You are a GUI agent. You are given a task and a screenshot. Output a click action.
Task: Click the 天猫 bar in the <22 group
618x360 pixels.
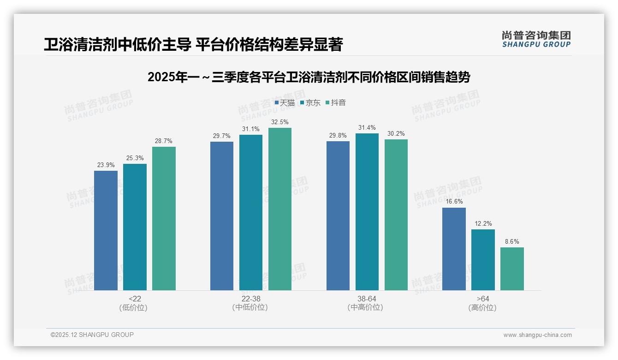[106, 230]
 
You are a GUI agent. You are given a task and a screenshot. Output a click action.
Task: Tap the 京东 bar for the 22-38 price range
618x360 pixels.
[250, 212]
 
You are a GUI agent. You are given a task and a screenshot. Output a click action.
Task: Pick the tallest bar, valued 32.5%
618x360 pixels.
[280, 209]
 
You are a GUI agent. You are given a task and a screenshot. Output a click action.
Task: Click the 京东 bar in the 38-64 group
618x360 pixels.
[367, 212]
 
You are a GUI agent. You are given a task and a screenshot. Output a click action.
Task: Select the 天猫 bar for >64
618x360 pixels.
[454, 249]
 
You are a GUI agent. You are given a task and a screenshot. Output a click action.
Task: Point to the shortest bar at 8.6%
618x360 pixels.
[512, 269]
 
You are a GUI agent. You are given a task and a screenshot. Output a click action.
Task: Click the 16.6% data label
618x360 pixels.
[454, 202]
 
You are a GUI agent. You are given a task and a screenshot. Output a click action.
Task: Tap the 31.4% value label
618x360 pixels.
[367, 127]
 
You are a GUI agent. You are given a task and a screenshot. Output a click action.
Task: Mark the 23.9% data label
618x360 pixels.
[106, 165]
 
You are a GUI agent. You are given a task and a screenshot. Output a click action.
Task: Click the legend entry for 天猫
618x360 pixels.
[285, 102]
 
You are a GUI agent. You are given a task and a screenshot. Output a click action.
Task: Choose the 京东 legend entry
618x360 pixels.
[310, 102]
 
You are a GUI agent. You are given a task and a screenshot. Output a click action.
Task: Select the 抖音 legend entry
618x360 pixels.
[336, 102]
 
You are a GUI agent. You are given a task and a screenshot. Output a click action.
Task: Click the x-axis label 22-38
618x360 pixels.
[250, 299]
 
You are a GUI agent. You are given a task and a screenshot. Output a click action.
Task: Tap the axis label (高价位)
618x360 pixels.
[482, 307]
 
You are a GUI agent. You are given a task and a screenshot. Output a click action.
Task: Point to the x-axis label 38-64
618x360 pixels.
[367, 299]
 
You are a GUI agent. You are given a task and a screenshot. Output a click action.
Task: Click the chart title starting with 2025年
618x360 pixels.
[309, 77]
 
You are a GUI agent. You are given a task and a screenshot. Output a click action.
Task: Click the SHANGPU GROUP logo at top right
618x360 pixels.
[536, 39]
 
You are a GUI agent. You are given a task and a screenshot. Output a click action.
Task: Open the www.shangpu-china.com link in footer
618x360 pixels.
[537, 335]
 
